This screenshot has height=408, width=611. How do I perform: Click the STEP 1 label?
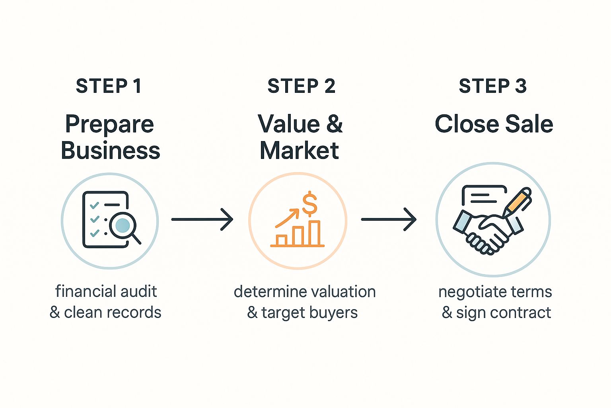(x=109, y=86)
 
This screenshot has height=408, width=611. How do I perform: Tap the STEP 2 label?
(x=301, y=86)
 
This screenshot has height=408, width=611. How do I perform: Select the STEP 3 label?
(x=492, y=86)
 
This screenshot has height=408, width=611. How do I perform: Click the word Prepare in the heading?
(x=109, y=124)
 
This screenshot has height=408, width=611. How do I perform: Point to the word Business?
(x=110, y=151)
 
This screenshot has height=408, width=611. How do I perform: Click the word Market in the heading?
(x=299, y=151)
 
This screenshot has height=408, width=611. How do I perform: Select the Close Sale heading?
(x=494, y=124)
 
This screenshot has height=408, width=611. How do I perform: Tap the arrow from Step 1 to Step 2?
(x=202, y=219)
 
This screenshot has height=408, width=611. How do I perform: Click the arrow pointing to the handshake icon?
(x=389, y=219)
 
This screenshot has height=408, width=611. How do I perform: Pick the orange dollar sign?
(x=309, y=203)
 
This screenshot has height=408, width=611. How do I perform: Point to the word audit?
(x=139, y=292)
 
